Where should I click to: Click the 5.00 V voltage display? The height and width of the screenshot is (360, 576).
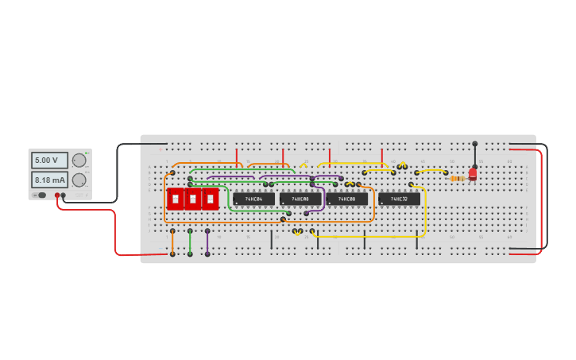point(48,161)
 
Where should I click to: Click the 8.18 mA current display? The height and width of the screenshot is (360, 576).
point(48,180)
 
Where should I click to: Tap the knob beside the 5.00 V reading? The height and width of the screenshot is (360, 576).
point(79,160)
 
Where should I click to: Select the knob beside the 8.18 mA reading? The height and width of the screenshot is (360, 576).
point(79,180)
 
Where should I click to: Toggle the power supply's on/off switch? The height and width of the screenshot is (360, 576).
point(41,194)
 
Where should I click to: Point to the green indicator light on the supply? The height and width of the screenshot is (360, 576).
point(87,153)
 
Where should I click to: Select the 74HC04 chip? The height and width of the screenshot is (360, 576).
point(253,199)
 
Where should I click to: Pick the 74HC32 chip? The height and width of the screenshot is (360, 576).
point(399,199)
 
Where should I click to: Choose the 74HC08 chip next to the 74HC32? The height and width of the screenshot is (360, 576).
point(346,199)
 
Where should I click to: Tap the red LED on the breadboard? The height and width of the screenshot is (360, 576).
point(473,173)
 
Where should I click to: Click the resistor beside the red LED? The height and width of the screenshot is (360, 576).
point(457,179)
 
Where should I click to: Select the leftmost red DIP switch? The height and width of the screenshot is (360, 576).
point(175,199)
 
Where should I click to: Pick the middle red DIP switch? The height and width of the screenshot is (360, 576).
point(192,199)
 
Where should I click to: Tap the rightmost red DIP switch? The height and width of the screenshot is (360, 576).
point(210,199)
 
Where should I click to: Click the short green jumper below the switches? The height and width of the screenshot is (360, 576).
point(190,242)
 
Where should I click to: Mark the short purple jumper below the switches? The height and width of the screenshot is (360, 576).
point(207,242)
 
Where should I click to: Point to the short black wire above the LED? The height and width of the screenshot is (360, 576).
point(475,154)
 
